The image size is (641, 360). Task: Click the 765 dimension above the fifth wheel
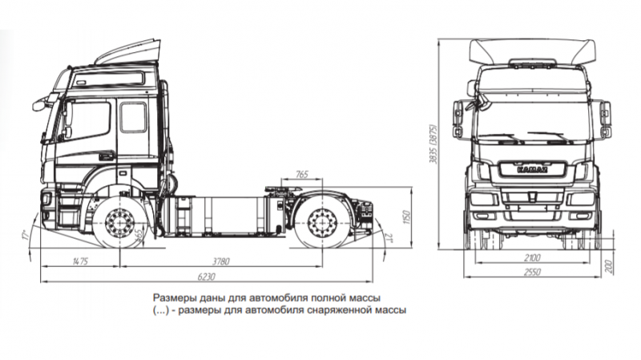pos(301,174)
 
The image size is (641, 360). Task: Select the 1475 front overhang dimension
pos(79,261)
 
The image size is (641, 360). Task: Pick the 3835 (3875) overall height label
pos(433,146)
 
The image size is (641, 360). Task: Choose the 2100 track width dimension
pos(532,258)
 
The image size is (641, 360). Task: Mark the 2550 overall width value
pos(532,273)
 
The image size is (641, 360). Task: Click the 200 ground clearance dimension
pos(610,266)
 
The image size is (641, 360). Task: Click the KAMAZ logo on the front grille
pos(530,169)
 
